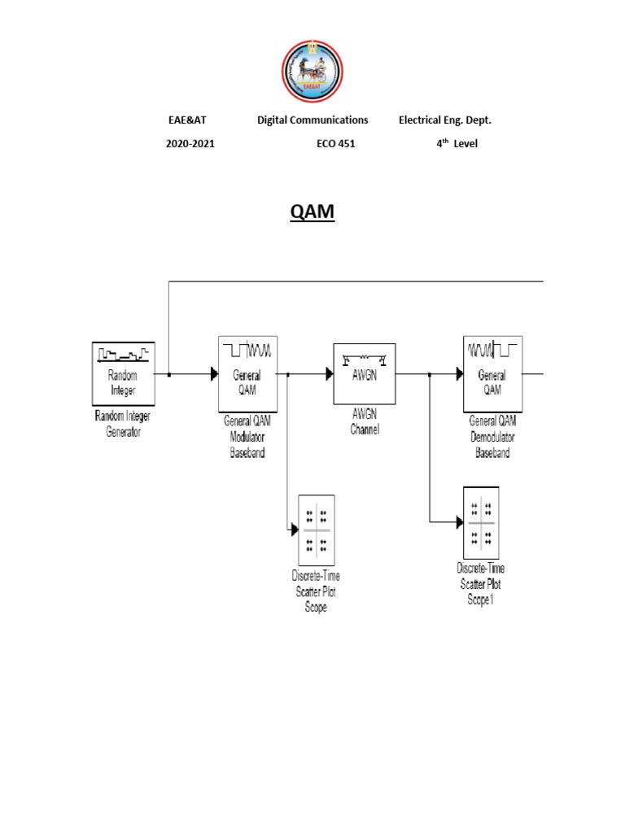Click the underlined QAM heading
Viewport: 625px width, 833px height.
(312, 213)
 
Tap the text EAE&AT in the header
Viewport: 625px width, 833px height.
(187, 120)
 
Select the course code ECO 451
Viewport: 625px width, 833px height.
(335, 144)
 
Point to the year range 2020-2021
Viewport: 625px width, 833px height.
(190, 144)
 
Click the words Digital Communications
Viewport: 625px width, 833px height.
(312, 120)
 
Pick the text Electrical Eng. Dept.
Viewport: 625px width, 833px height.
(444, 120)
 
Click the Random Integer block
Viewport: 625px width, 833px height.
(123, 373)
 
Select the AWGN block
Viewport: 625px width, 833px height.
(365, 373)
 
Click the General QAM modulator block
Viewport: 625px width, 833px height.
(249, 373)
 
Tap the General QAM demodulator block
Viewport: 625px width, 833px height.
(492, 373)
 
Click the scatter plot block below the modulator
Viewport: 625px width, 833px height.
(317, 530)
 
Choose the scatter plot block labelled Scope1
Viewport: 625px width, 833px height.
(480, 521)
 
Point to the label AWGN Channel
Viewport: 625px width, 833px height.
(365, 423)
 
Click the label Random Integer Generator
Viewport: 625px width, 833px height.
(123, 424)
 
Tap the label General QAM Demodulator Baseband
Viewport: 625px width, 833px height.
(492, 437)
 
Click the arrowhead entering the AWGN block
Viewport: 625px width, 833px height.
(330, 374)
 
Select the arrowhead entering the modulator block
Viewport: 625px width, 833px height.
(215, 374)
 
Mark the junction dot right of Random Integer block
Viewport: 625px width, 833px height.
(168, 374)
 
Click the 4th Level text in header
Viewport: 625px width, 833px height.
(457, 144)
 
